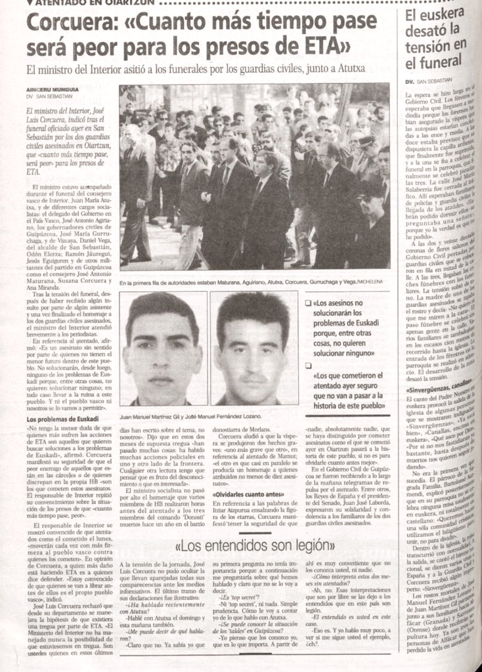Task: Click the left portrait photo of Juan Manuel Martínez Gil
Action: point(162,348)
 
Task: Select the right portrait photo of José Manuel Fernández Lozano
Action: point(253,348)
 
